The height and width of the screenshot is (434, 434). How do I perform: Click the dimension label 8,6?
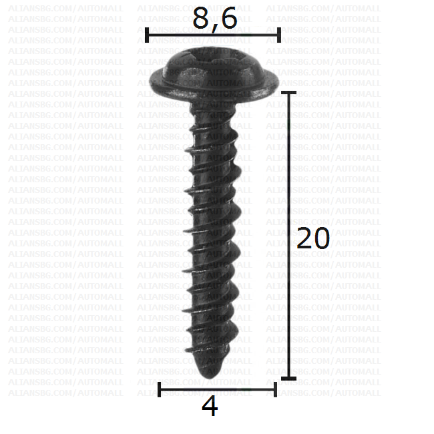point(215,19)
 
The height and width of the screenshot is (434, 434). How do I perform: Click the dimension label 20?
point(313,238)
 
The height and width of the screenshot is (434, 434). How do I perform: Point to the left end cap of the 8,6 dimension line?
point(147,35)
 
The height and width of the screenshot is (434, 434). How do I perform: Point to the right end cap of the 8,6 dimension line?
point(279,35)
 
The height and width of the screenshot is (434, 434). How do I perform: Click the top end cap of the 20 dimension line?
point(288,92)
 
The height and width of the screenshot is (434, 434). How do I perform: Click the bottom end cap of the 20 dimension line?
point(288,379)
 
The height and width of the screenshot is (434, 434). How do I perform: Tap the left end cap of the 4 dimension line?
point(159,390)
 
